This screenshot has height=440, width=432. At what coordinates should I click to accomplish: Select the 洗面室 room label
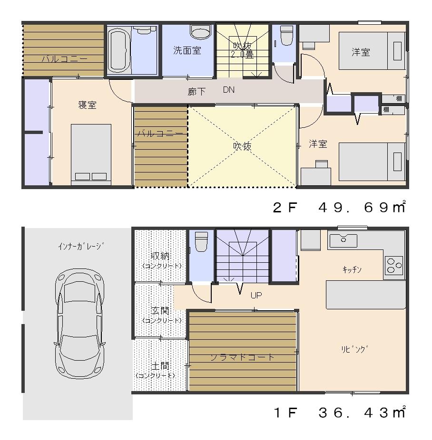[187, 51]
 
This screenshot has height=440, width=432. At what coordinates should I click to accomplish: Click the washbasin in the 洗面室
[199, 32]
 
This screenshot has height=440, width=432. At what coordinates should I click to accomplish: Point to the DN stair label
[228, 90]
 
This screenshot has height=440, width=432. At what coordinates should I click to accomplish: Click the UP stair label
[256, 295]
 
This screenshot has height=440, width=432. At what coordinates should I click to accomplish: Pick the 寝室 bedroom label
[87, 105]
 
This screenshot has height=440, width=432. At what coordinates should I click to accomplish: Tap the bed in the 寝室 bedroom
[91, 153]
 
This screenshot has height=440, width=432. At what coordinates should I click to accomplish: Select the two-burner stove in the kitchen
[394, 265]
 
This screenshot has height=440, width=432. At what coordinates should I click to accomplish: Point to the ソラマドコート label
[243, 357]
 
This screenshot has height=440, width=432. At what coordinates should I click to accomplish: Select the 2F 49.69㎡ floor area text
[339, 208]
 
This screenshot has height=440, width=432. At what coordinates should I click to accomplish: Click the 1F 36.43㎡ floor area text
[339, 412]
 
